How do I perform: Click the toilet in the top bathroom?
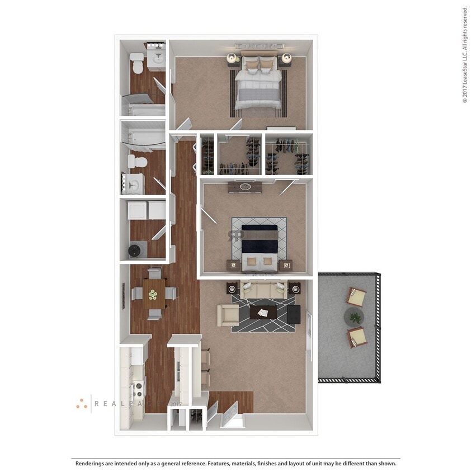tap(137, 60)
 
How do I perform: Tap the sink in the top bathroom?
tap(157, 56)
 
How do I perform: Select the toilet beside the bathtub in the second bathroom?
tap(137, 162)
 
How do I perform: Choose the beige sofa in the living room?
tap(263, 290)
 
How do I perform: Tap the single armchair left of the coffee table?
tap(228, 315)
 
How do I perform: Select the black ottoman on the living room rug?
tap(293, 313)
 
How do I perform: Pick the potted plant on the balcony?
tap(354, 317)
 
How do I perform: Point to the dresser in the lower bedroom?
tap(244, 187)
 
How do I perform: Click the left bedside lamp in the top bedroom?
tap(230, 57)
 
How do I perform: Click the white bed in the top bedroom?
tap(258, 84)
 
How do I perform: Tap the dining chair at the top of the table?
tap(154, 274)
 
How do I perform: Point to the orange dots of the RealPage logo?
tap(82, 403)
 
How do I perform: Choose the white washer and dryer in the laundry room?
tap(147, 211)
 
